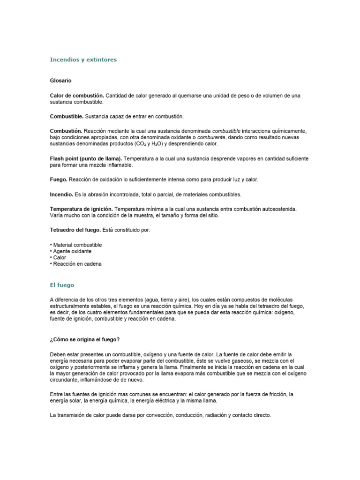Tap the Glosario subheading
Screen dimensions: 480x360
pos(60,81)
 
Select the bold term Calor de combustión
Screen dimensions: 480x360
pos(77,96)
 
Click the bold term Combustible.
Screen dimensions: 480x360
pos(67,116)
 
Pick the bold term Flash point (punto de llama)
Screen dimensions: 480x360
pos(86,159)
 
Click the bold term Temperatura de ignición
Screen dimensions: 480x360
pos(81,209)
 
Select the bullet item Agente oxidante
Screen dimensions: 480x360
pos(72,251)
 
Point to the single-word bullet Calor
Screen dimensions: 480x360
pos(60,258)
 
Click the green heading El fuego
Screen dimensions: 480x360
pos(62,285)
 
